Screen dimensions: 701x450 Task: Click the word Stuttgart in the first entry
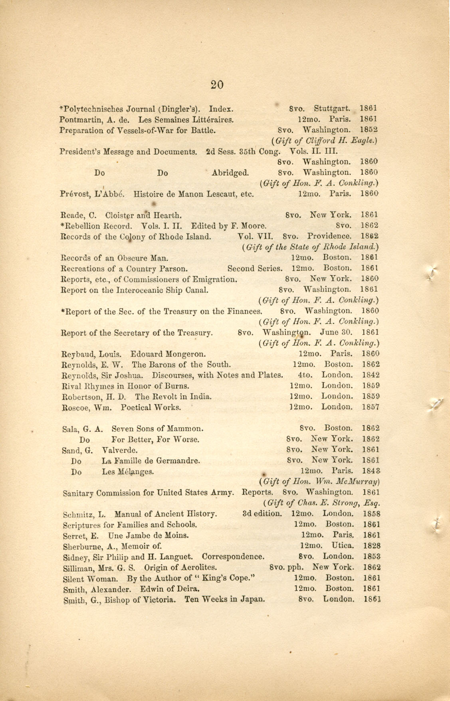point(332,109)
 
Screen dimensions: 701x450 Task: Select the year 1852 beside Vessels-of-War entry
point(369,130)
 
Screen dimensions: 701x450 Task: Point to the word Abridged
point(230,173)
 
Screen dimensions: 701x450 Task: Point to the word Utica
point(342,545)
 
